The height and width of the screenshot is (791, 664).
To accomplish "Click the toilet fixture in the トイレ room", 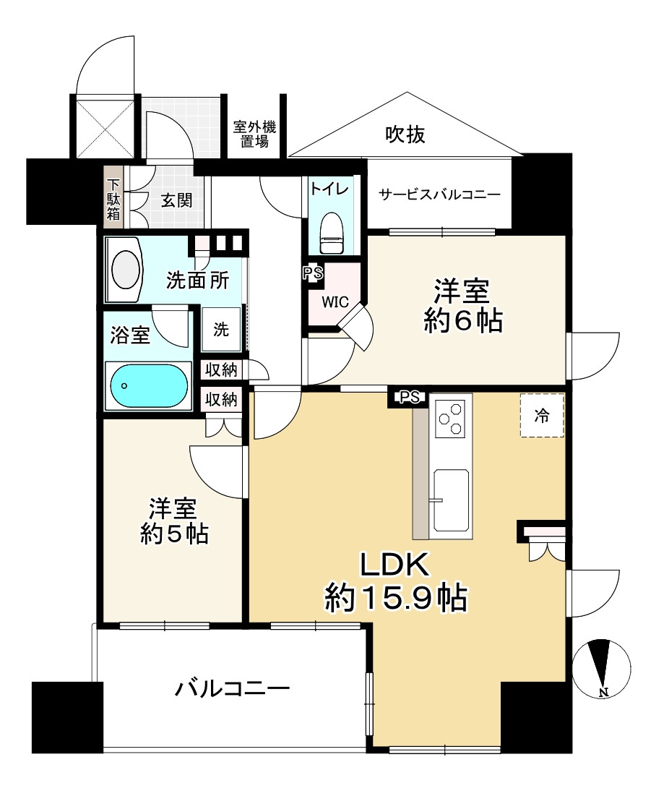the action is click(x=332, y=232).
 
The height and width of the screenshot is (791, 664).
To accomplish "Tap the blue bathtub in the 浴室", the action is click(x=149, y=386).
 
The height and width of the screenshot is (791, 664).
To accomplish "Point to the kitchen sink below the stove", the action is click(x=452, y=500).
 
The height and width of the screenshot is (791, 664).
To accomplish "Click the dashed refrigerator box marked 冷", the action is click(x=542, y=415).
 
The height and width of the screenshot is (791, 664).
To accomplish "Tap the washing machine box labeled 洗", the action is click(x=221, y=330).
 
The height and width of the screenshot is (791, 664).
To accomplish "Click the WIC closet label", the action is click(x=335, y=302).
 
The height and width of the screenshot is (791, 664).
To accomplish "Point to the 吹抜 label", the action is click(x=405, y=134).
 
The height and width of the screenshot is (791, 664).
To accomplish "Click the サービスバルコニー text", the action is click(x=439, y=194).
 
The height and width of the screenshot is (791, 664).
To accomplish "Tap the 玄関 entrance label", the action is click(x=176, y=200).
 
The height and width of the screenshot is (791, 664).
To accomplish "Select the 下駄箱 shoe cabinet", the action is click(x=113, y=198).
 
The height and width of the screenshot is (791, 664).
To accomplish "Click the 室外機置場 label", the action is click(x=254, y=134).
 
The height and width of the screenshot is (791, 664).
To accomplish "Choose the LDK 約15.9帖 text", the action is click(x=396, y=581).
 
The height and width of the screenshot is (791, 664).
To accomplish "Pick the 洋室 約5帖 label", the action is click(x=174, y=521).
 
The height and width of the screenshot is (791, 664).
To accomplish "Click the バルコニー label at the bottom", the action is click(x=233, y=688).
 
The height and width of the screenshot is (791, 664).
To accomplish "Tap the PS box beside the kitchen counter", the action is click(x=410, y=398).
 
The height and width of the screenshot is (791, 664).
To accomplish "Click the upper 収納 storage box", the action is click(x=221, y=369).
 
